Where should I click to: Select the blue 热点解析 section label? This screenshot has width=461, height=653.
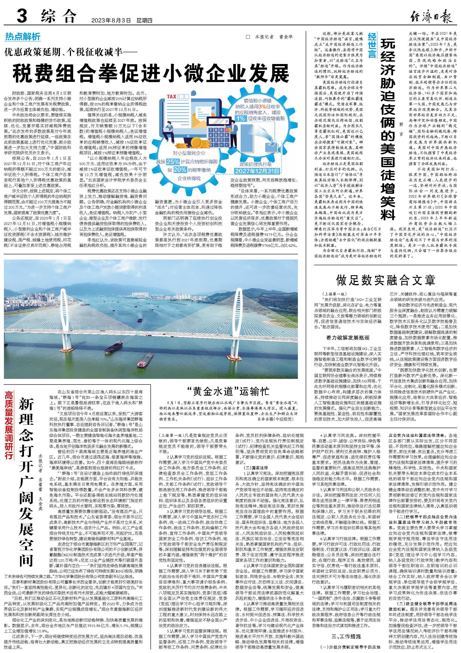click(23, 37)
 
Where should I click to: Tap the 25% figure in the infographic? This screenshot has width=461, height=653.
click(173, 162)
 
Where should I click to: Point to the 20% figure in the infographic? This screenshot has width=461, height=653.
click(180, 170)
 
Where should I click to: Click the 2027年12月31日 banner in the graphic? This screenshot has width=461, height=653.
click(257, 171)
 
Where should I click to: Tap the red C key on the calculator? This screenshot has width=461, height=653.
click(226, 130)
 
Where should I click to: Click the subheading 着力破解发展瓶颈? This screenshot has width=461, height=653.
click(348, 337)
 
